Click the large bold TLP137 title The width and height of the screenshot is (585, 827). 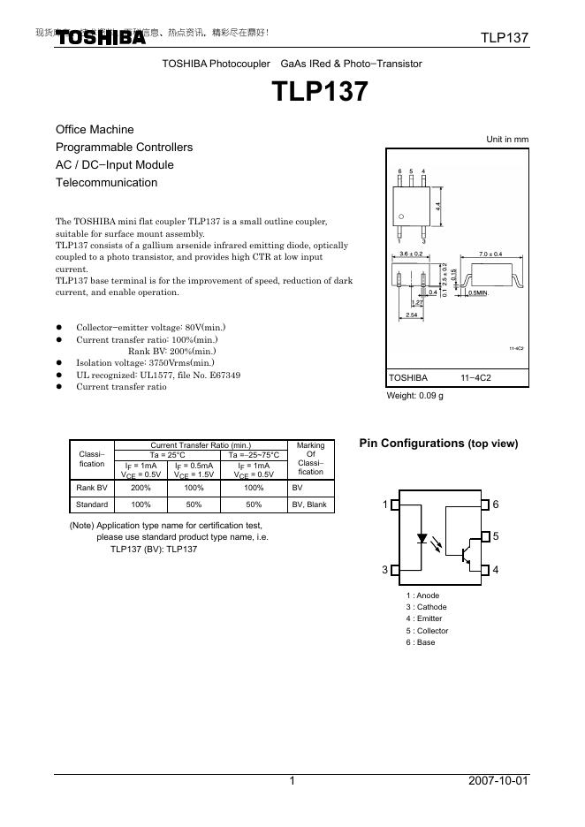(319, 93)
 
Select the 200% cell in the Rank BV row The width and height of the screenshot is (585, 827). (141, 487)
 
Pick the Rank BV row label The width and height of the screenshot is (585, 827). (92, 487)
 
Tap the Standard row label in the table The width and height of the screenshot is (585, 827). (92, 505)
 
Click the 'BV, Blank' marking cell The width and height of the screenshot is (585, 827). (309, 505)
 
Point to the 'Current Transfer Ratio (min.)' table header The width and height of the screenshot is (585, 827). (201, 445)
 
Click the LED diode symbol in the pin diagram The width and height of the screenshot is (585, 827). (422, 537)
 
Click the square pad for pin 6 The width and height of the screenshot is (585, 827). (484, 505)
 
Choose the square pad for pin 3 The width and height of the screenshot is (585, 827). (395, 570)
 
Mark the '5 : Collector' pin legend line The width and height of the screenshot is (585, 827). (427, 631)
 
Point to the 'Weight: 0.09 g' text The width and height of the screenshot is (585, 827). (414, 396)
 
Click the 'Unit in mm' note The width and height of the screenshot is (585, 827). (507, 140)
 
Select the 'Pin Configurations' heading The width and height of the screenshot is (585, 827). (438, 443)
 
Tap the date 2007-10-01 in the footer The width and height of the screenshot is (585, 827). (498, 781)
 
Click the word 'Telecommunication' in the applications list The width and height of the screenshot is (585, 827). (106, 183)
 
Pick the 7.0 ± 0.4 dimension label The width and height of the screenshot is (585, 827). (490, 254)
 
